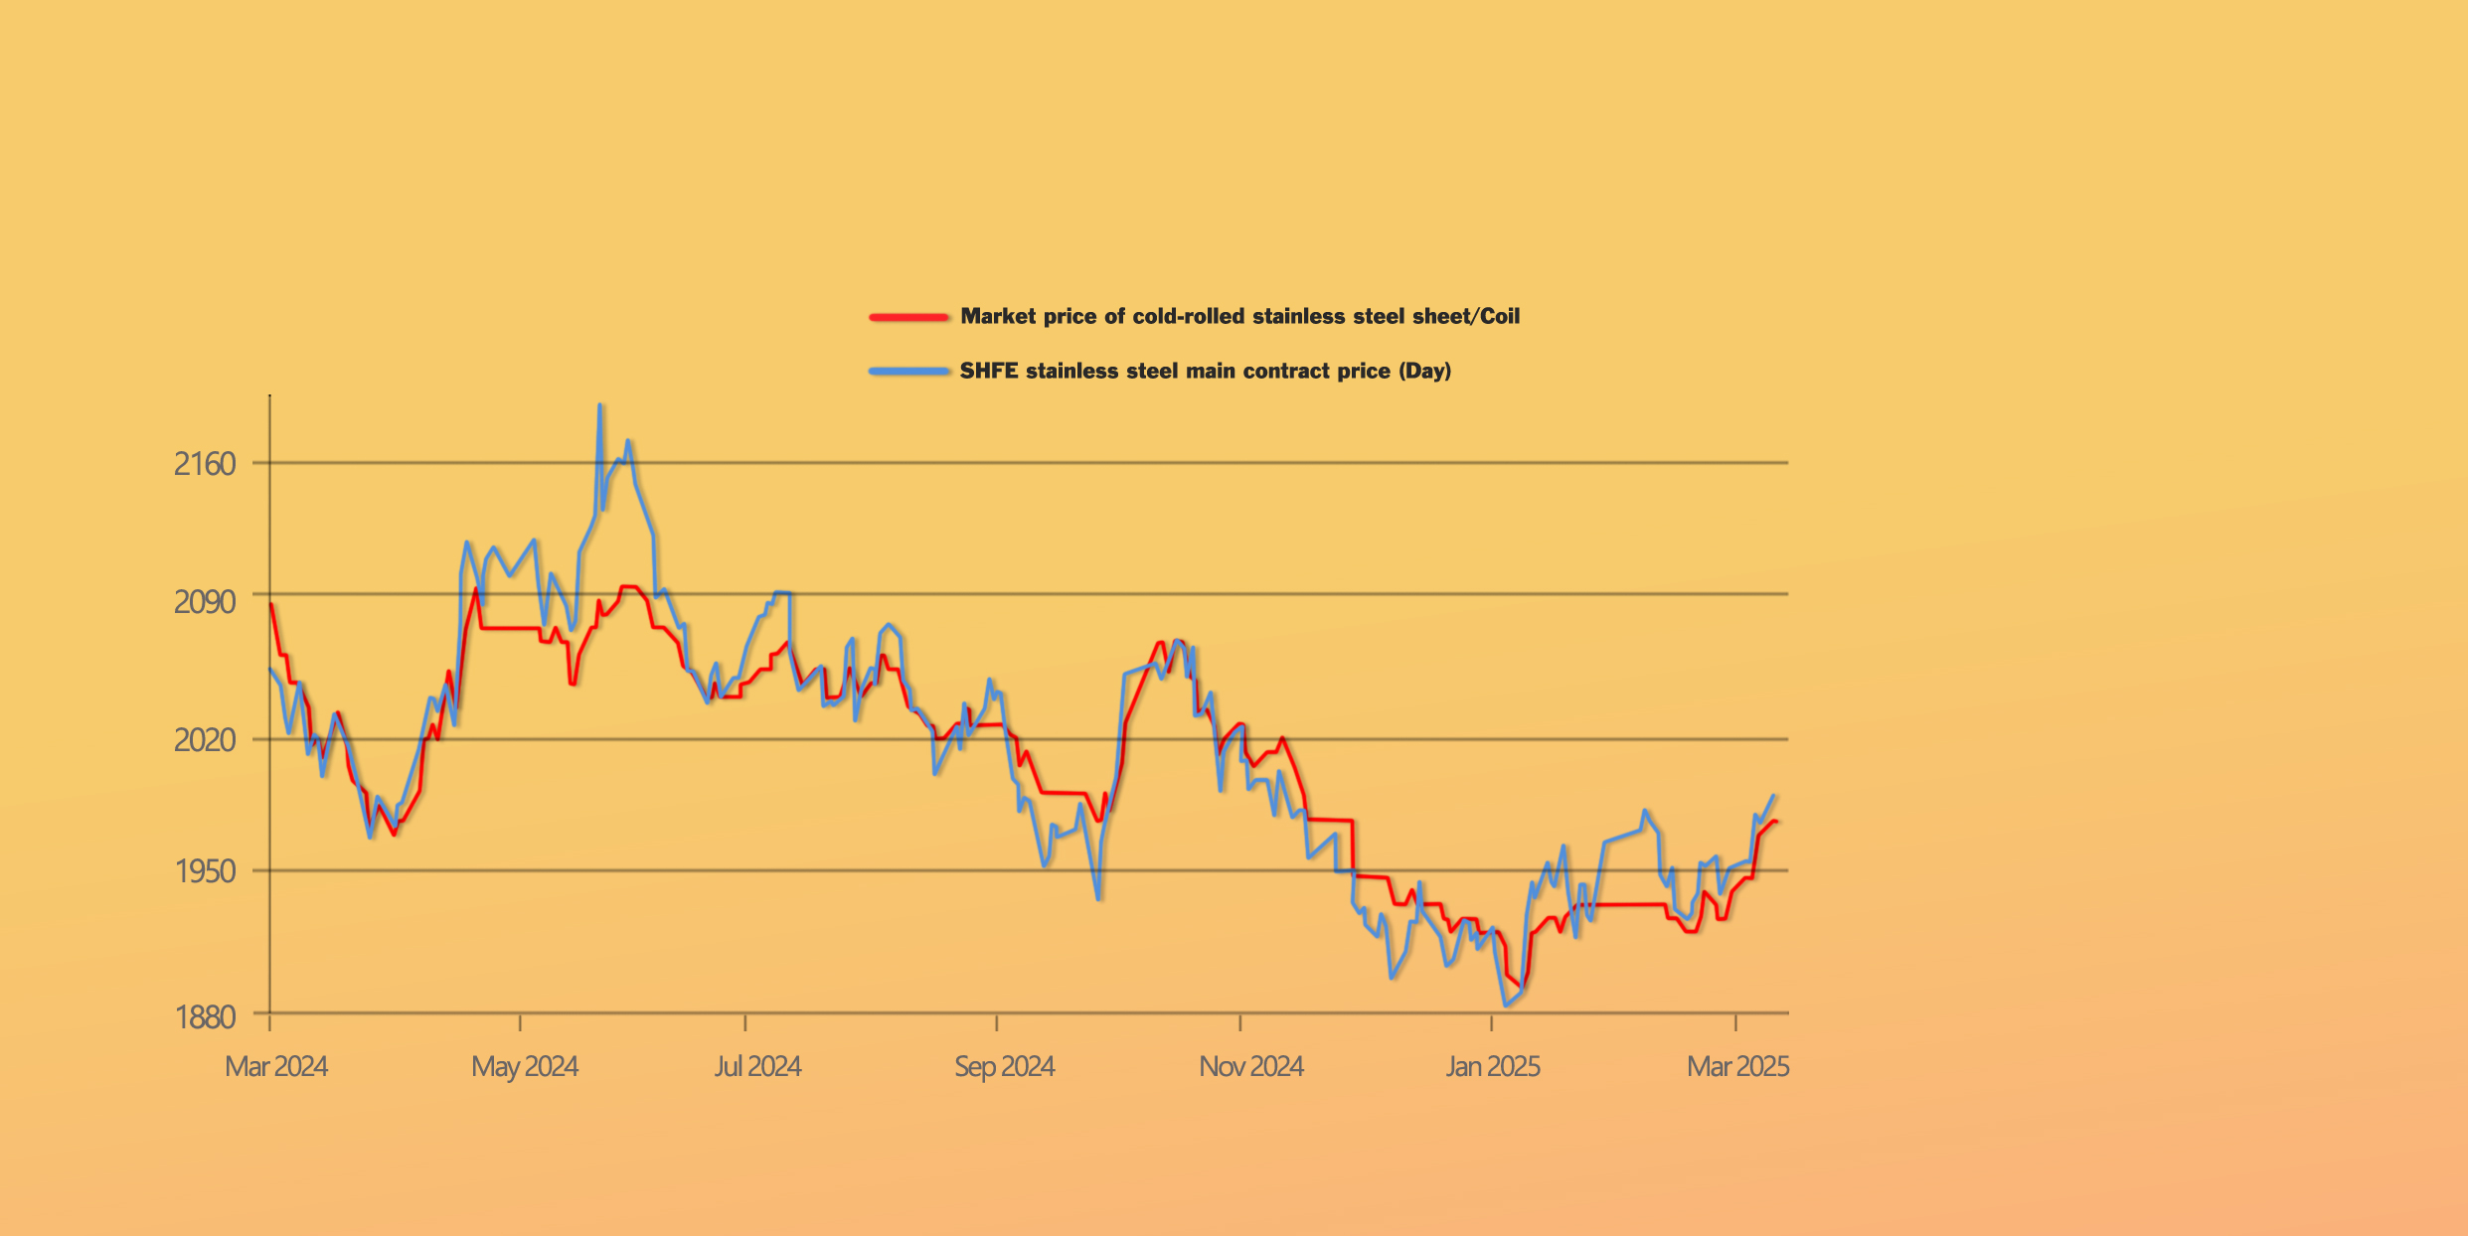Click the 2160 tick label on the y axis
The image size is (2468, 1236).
205,464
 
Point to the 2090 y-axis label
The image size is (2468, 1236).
205,601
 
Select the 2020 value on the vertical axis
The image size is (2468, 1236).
205,740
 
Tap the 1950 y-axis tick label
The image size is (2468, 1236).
205,871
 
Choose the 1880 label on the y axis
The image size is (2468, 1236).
205,1016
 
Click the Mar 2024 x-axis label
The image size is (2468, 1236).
276,1066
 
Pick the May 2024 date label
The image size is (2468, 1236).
525,1066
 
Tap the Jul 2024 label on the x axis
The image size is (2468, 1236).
757,1066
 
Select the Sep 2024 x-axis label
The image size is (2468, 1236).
1004,1066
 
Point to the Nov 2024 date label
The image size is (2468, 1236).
1250,1066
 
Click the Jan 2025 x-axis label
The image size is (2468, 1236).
1492,1066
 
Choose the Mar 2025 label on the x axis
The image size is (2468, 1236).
1737,1066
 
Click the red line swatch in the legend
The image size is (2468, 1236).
908,317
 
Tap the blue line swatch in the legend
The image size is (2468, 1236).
908,372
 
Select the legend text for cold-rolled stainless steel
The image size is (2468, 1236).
1239,316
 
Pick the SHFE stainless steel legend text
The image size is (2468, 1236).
1205,371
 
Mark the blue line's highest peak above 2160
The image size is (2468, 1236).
600,405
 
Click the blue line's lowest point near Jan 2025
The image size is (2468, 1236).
1507,1005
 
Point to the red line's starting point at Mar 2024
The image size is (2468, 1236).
271,604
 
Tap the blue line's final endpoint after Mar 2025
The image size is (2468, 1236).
1774,796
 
